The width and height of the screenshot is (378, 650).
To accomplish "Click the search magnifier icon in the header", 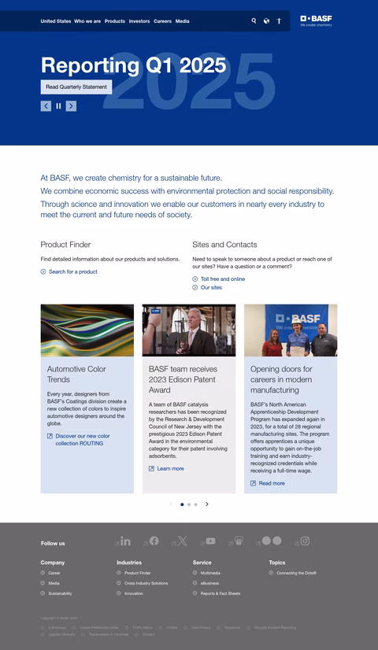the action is pos(254,21).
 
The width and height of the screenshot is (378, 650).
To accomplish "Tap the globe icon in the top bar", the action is pos(266,21).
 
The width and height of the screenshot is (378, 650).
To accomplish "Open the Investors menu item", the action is pos(139,21).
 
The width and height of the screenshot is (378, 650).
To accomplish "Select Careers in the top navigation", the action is pos(162,21).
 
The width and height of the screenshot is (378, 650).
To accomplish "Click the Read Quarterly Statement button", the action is pos(76,87).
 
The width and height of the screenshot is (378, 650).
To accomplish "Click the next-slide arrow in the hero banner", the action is pos(71,105).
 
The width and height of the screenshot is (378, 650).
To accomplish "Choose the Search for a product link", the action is pos(72,271).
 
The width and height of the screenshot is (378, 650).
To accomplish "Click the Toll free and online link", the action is pos(222,279).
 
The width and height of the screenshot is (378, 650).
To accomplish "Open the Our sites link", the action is pos(211,287).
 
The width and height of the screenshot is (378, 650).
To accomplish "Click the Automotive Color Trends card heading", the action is pos(76,374).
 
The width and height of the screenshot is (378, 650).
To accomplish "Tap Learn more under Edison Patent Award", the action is pos(170,468).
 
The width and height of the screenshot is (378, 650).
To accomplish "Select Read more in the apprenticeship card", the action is pos(272,483).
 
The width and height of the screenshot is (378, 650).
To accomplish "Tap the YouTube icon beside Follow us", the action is pos(209,541).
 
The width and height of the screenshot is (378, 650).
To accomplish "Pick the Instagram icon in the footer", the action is pos(305,541).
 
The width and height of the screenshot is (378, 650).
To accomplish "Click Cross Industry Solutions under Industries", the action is pos(146,583).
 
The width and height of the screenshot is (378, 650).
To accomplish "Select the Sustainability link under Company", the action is pos(60,593).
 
